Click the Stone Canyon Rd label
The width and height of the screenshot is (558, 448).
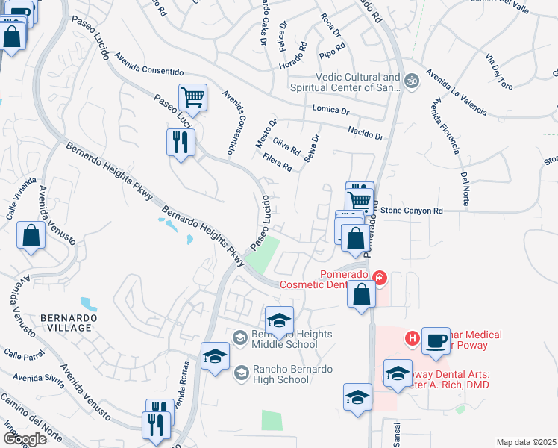tap(412, 211)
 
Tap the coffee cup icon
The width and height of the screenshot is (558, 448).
tap(436, 342)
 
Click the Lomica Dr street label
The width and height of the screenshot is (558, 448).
tap(330, 110)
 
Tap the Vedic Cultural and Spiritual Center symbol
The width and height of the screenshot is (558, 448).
tap(410, 78)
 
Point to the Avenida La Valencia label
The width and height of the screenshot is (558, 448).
tap(457, 93)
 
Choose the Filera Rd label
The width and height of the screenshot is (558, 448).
tap(278, 162)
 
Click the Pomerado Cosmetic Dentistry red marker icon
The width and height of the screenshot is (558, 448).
tap(380, 279)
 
